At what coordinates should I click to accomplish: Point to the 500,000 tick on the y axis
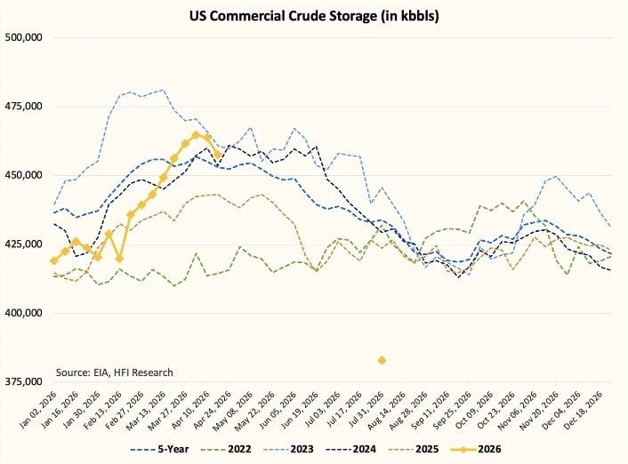(x=24, y=38)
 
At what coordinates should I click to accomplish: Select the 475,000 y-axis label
(x=24, y=107)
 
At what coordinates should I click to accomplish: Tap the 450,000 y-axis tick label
(x=24, y=175)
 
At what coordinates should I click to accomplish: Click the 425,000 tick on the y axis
(x=24, y=244)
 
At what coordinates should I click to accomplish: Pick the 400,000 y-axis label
(x=24, y=313)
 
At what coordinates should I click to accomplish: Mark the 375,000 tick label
(x=24, y=381)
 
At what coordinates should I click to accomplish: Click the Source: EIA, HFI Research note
(x=114, y=372)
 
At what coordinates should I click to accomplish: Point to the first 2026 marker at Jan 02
(x=54, y=260)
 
